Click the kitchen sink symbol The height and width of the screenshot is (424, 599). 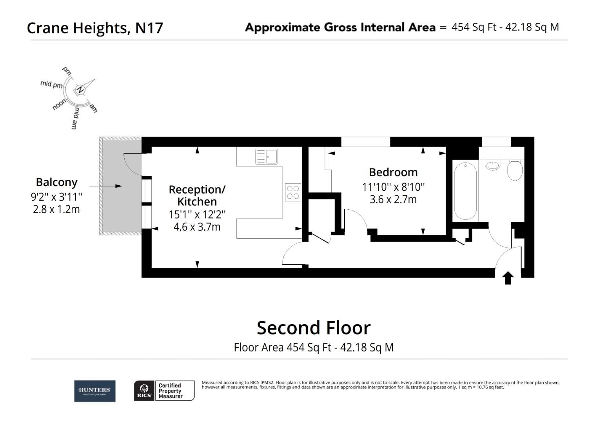point(266,157)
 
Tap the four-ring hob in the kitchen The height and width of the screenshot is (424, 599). point(293,192)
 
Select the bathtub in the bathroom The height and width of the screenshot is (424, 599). point(465,191)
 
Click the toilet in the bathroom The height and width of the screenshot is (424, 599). point(514,170)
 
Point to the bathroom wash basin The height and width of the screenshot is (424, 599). point(492,164)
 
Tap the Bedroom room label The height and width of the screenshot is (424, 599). point(393,172)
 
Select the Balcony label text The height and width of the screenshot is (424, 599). point(56,182)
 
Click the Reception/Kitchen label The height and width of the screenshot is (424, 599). point(197,196)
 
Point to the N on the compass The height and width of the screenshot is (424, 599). point(80,90)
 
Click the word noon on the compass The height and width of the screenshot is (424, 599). point(60,105)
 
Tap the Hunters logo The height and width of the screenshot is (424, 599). point(95,391)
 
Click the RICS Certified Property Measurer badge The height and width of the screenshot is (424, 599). point(164,391)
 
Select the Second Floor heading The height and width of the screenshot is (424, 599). point(313,328)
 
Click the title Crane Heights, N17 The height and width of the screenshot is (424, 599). point(95,28)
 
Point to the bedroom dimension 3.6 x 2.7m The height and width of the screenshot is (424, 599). point(393,199)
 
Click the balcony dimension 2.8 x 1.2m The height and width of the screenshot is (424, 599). point(56,209)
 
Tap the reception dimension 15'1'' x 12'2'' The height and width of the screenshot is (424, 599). point(197,214)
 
